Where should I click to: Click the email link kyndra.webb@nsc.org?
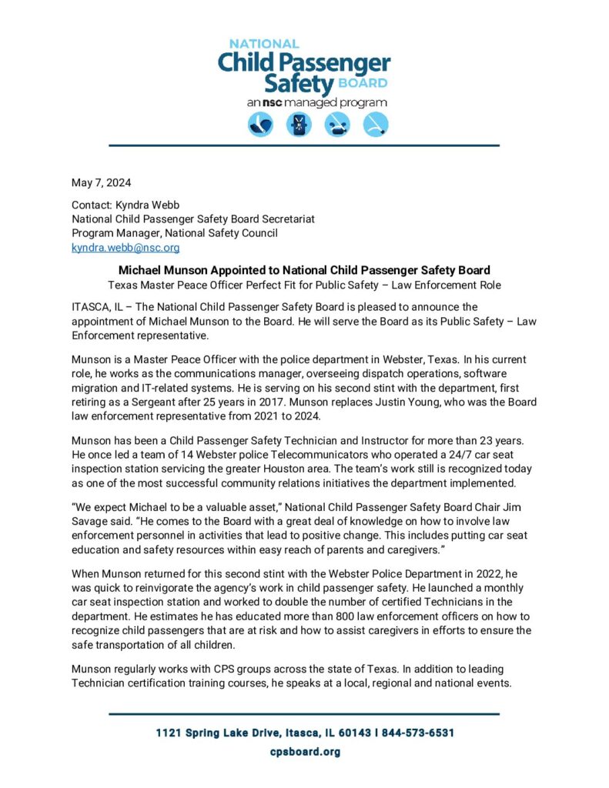pyautogui.click(x=125, y=248)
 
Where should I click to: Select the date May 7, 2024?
pyautogui.click(x=101, y=183)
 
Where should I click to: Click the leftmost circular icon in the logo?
pyautogui.click(x=261, y=125)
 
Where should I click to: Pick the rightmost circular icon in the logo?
pyautogui.click(x=376, y=125)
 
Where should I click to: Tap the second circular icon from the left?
pyautogui.click(x=299, y=125)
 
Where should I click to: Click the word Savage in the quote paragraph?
pyautogui.click(x=92, y=522)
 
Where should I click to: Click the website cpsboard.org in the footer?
pyautogui.click(x=304, y=752)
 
